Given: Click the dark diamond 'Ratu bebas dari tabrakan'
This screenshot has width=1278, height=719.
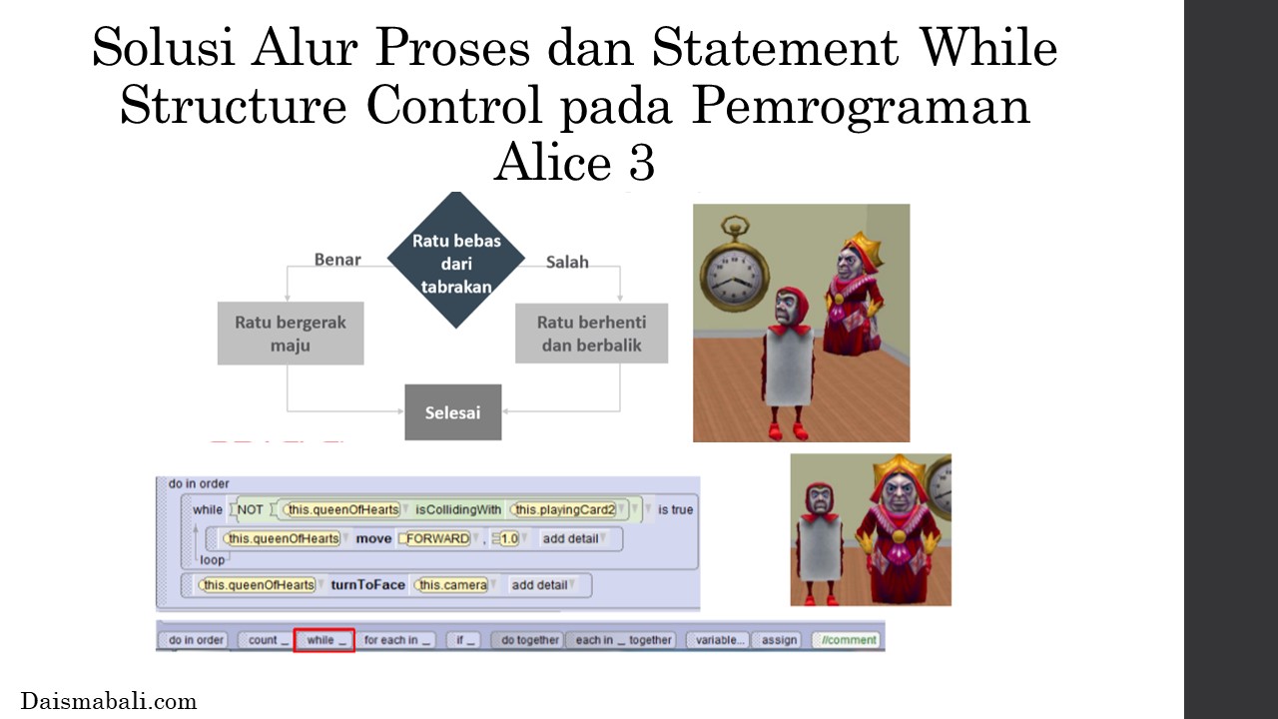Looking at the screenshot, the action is point(456,260).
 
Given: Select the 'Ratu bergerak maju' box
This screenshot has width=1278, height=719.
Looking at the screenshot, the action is point(291,334).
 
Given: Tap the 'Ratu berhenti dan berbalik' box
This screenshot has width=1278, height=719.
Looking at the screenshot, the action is point(592,334).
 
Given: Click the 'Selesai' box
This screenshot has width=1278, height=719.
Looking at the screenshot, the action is point(453,412).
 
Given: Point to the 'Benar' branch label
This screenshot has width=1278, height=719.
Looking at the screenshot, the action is point(337,260).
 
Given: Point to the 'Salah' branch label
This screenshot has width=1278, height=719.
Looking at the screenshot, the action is point(567,262).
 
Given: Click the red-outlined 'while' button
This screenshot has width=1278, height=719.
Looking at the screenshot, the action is point(324,640).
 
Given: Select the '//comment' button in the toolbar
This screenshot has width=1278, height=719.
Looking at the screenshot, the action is point(846,640).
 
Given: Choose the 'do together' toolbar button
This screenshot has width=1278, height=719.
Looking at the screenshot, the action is point(528,640).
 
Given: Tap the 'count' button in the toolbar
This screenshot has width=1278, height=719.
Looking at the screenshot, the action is point(266,640).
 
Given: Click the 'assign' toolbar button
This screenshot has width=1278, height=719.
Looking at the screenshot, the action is point(778,640).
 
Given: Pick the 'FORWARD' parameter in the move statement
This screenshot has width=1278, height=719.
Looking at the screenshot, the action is point(437,538).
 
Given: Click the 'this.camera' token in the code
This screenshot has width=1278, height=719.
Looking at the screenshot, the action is point(452,585).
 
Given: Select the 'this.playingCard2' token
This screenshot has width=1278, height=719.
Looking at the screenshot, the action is point(564,509).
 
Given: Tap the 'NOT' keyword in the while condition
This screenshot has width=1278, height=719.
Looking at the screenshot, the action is point(250,509).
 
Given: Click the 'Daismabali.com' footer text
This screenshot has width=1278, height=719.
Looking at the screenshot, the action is point(109,701).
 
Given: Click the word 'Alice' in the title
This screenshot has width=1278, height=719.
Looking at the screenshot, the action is point(552,163).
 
